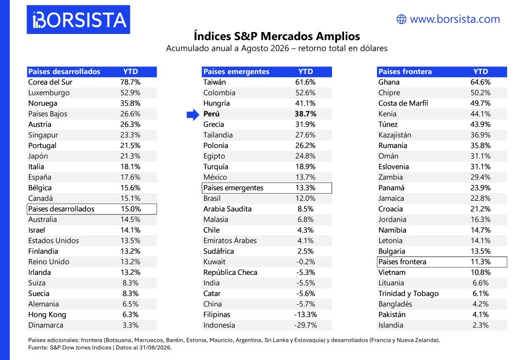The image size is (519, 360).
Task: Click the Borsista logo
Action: point(79,20)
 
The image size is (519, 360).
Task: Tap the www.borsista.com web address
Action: point(455,19)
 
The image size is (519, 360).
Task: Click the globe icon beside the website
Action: point(401,19)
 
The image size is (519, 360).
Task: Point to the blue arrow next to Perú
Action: point(193,114)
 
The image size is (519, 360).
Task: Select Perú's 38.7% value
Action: point(306,114)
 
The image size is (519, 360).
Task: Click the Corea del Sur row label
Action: point(50,82)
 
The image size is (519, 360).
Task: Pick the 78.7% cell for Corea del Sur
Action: point(130,82)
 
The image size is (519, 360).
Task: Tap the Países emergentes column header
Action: point(236,71)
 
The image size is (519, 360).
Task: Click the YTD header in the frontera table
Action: point(480,71)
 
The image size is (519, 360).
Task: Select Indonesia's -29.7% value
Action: point(306,325)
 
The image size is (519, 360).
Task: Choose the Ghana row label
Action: point(389,82)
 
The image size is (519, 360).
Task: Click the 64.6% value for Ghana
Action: point(480,82)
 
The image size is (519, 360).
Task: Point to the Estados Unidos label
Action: point(54,241)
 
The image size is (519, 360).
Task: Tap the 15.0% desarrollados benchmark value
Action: point(131,209)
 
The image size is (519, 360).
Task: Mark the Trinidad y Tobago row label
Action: point(409,294)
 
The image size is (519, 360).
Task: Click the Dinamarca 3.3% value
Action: point(130,325)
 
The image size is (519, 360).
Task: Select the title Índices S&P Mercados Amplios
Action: point(277,36)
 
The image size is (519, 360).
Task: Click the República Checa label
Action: point(231,272)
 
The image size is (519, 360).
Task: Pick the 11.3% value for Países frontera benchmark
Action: point(480,262)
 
